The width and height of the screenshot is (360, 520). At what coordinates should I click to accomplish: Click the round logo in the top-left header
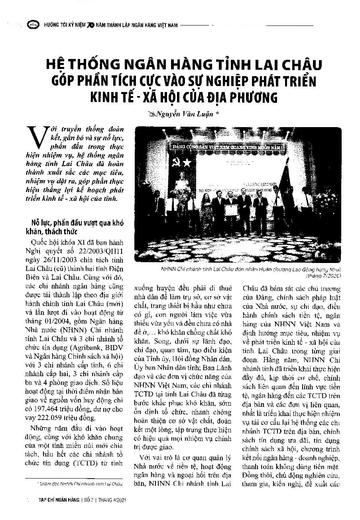click(31, 25)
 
